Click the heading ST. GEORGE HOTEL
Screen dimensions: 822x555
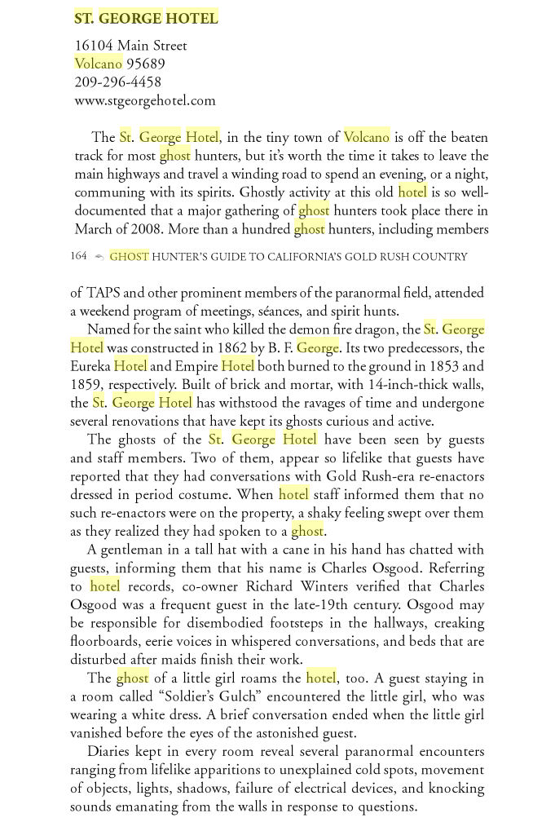point(146,18)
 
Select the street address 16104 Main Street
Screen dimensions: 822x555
point(130,46)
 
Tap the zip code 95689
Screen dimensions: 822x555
point(146,64)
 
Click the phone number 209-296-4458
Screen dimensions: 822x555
point(117,82)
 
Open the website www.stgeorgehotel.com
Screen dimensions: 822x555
point(145,101)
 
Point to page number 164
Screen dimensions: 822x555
point(78,256)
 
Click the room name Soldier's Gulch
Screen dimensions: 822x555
point(168,697)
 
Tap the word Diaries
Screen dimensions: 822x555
point(112,752)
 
